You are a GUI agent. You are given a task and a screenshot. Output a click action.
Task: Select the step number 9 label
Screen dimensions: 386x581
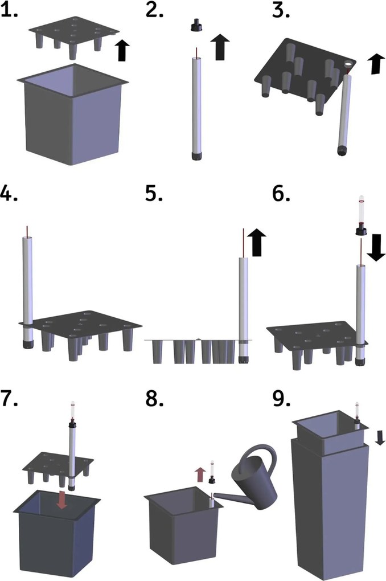282,399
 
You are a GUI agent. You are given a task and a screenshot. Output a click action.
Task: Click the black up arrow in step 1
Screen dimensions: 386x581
122,50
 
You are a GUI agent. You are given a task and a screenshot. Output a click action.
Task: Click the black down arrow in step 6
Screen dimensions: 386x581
376,247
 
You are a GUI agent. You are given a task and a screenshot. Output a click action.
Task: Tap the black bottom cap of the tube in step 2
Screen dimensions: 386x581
196,156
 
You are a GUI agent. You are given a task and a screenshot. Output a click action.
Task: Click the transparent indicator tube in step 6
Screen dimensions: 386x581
362,210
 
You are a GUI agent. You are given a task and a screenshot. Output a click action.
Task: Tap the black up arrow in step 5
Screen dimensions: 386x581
256,242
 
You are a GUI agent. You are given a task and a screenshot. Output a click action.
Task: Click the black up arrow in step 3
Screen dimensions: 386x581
377,63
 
